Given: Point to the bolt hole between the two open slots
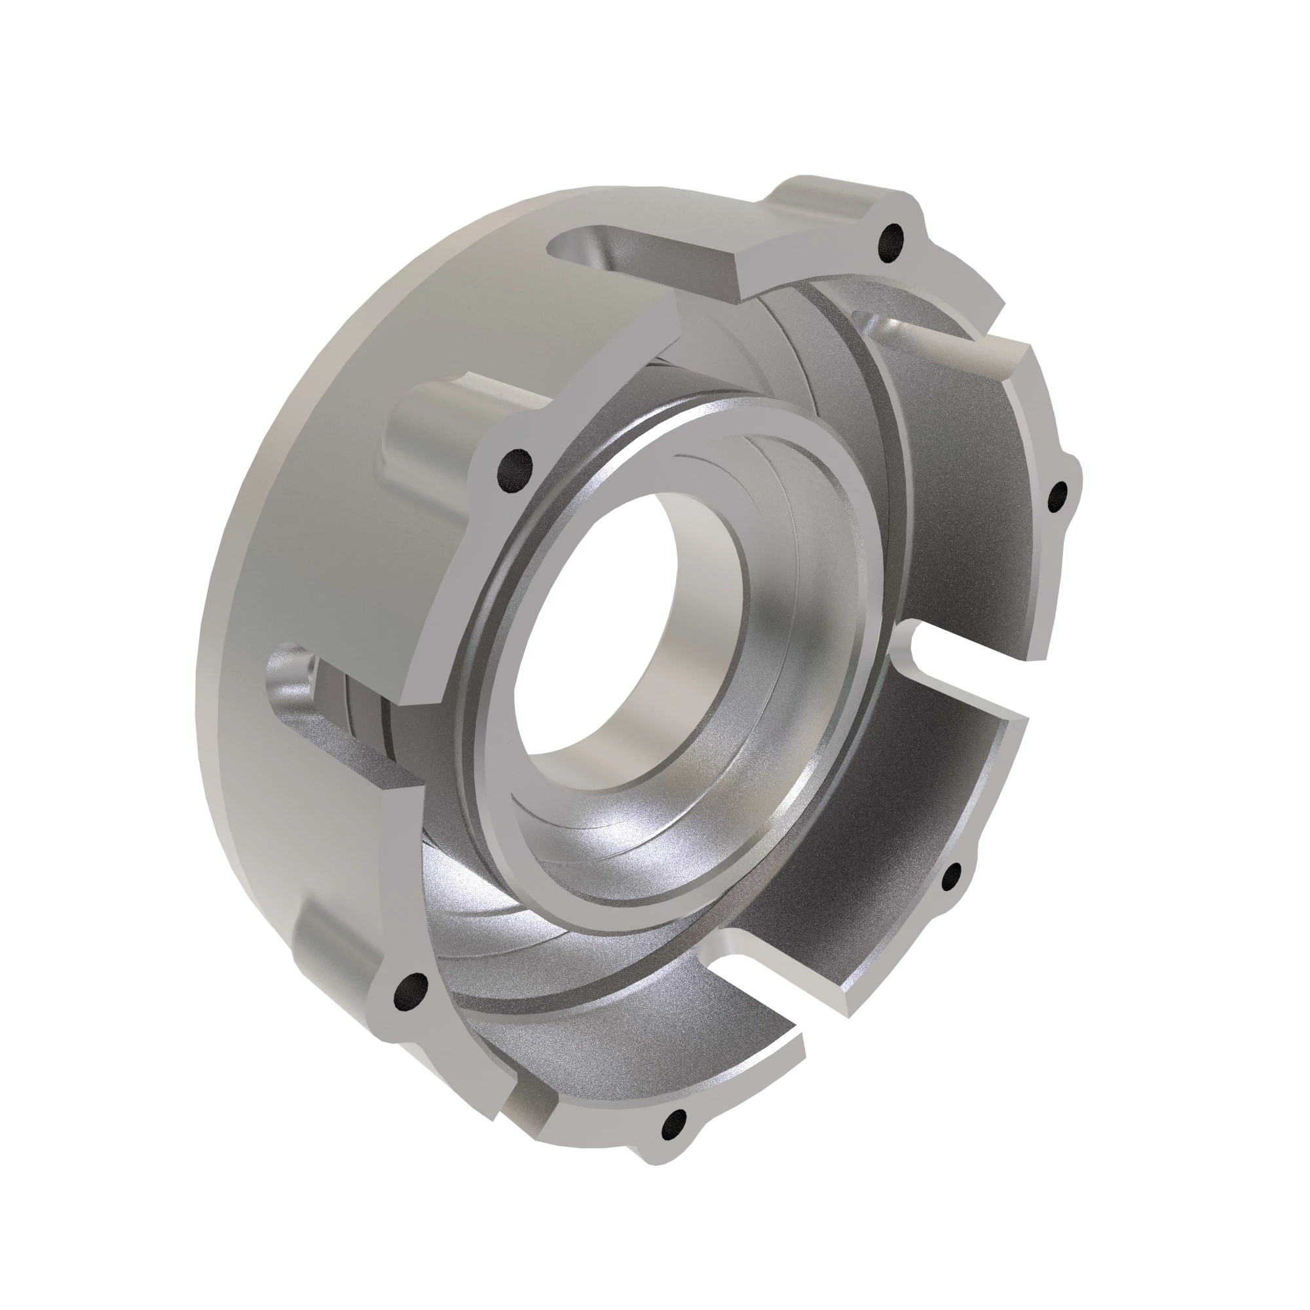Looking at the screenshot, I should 952,878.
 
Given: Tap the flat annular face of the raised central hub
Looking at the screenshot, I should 515,678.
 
